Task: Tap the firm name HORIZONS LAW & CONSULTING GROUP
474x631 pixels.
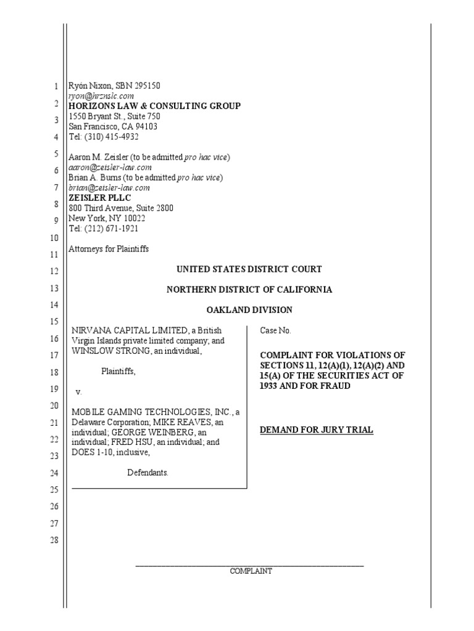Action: [x=154, y=106]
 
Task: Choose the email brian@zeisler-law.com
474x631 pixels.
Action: [x=109, y=188]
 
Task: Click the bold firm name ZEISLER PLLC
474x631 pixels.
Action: [x=99, y=198]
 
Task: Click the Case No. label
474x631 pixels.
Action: [x=275, y=331]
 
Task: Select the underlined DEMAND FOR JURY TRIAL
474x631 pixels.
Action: [x=317, y=429]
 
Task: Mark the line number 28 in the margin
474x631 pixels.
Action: [x=54, y=540]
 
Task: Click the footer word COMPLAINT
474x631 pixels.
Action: [x=251, y=571]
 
